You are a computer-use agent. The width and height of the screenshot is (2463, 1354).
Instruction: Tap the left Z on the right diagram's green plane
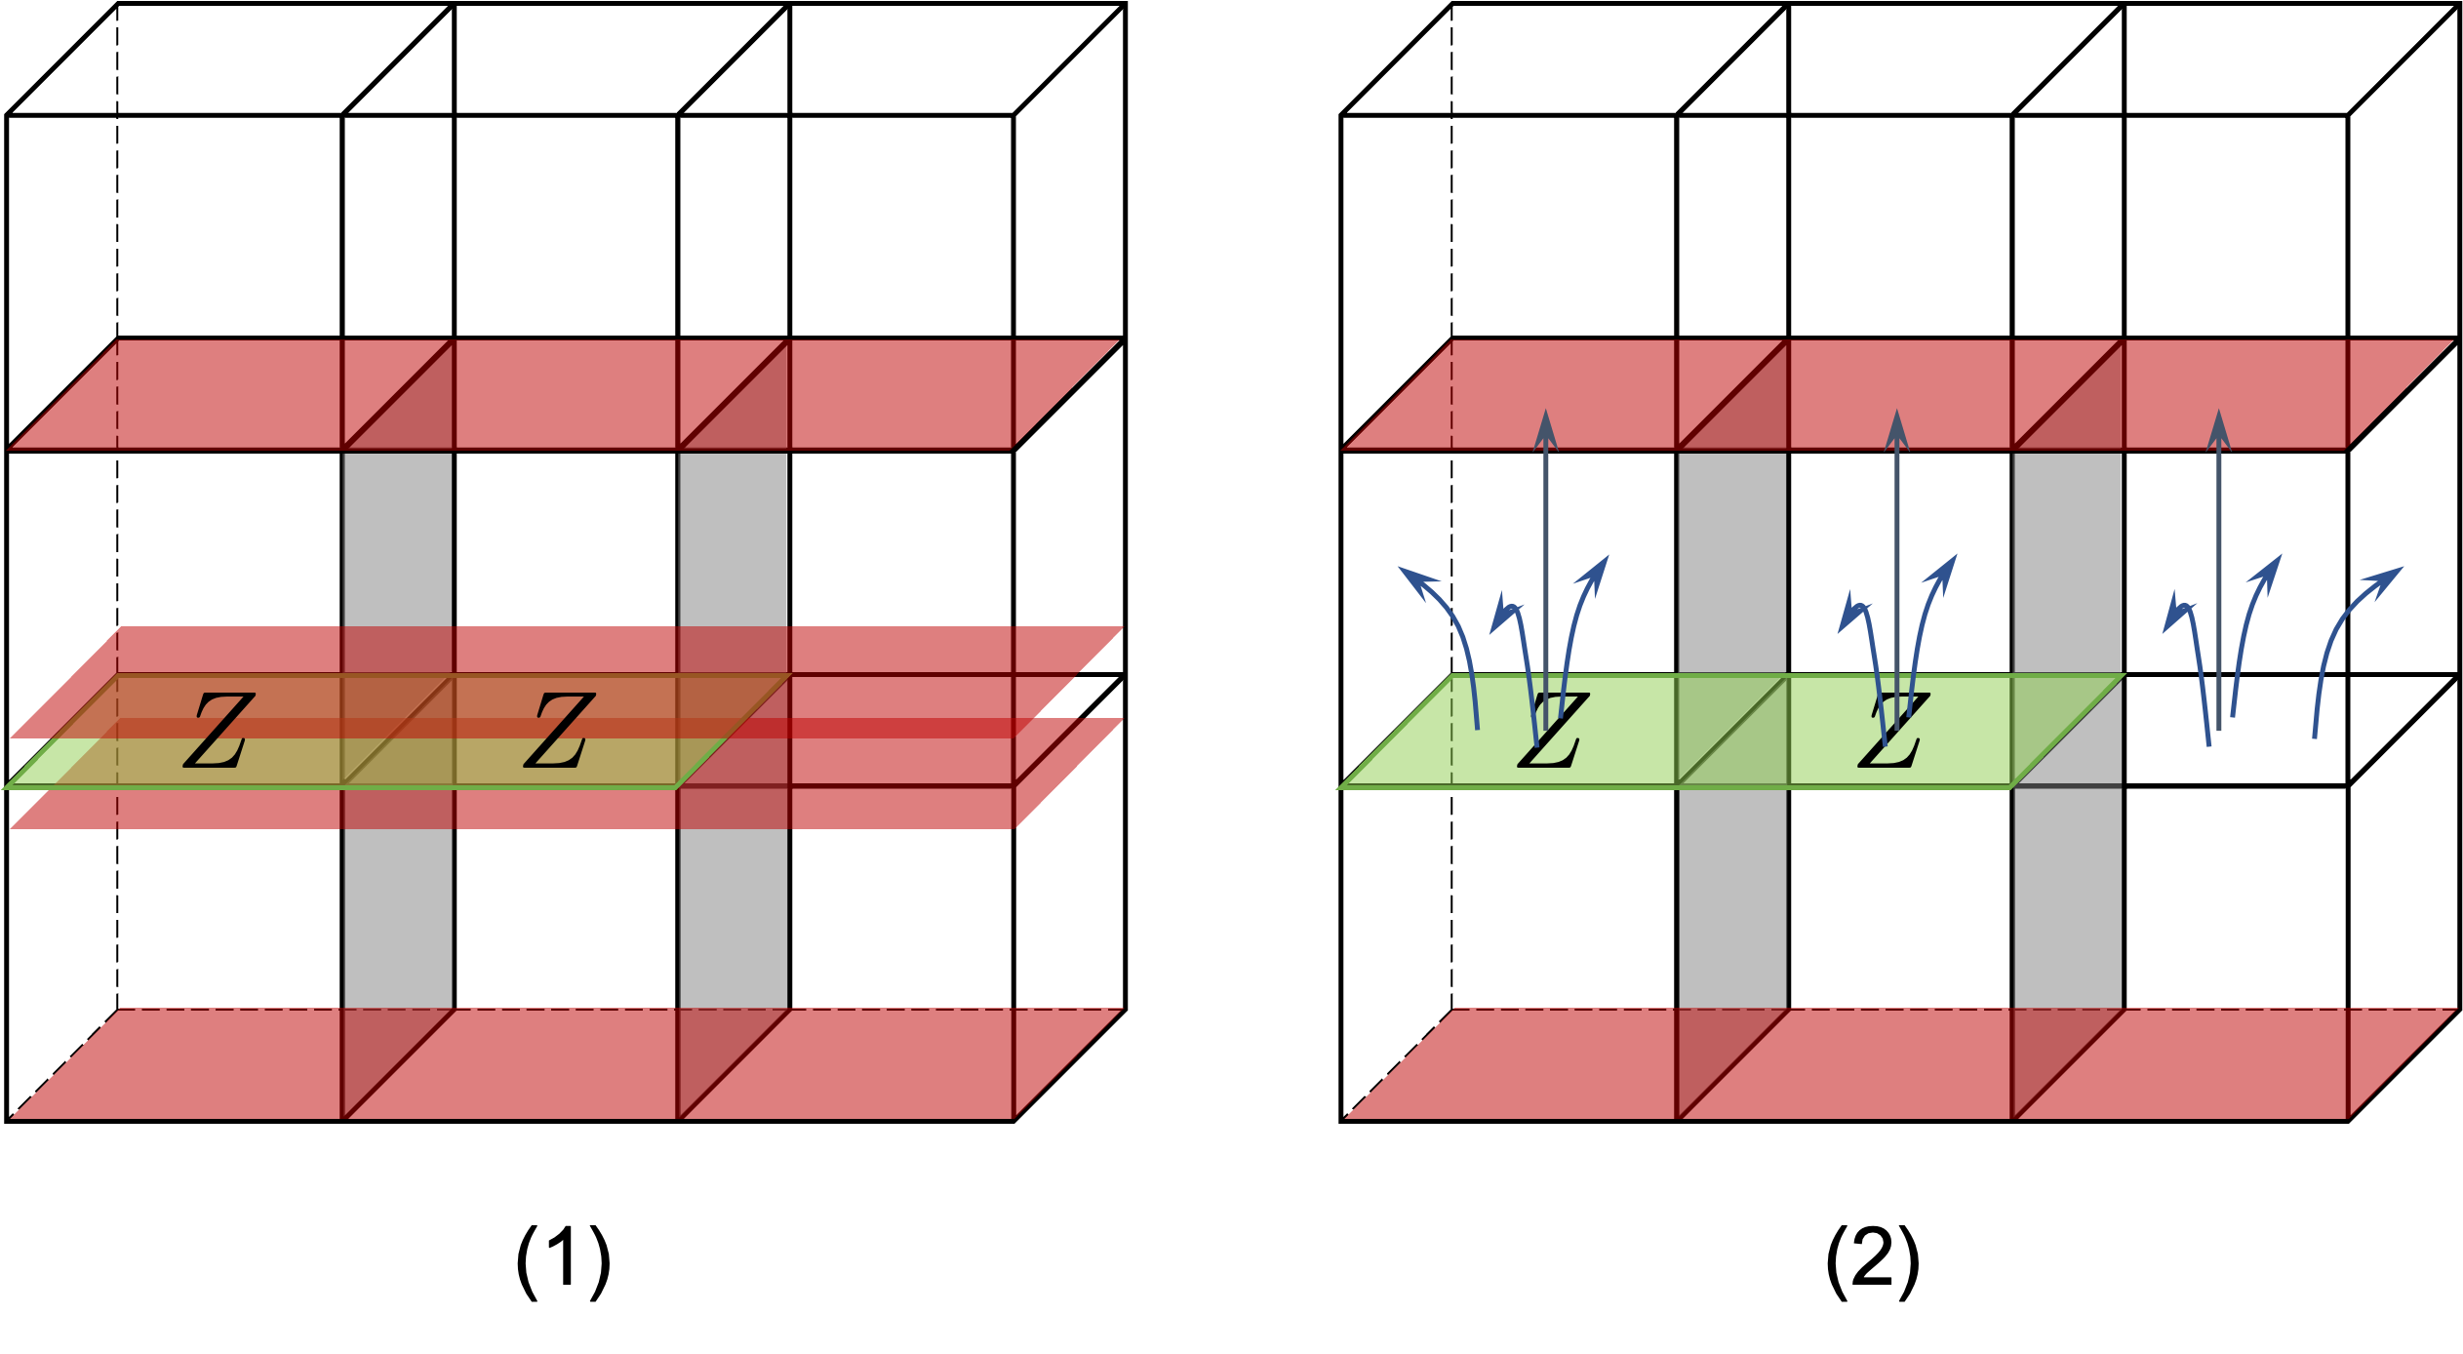click(x=1554, y=732)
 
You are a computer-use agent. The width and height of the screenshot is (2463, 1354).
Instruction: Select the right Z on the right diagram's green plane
click(x=1893, y=732)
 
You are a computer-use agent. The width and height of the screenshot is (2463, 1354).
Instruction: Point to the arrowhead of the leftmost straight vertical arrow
click(x=1546, y=429)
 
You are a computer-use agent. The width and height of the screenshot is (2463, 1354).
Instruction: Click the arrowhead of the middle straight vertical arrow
click(x=1897, y=429)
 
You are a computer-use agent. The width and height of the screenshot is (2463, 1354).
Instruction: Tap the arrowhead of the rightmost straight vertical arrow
click(x=2219, y=429)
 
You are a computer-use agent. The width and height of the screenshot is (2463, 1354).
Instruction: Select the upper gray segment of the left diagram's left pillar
click(x=397, y=537)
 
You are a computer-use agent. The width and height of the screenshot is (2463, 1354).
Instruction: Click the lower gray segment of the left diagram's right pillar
click(x=734, y=917)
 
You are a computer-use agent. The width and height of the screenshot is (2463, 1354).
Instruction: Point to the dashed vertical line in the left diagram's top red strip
click(x=118, y=395)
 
